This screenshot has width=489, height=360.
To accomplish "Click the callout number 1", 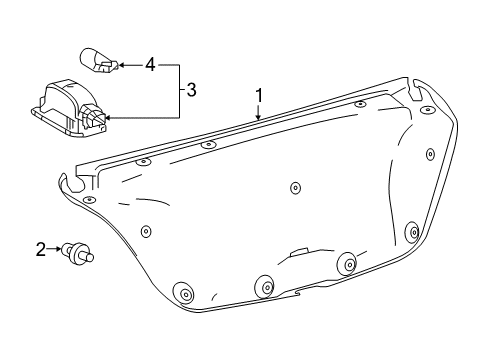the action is pyautogui.click(x=259, y=96).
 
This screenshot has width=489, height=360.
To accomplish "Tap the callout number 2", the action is pyautogui.click(x=41, y=249).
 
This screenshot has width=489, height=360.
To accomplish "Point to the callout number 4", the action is pyautogui.click(x=150, y=65).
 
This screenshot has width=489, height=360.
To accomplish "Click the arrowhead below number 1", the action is pyautogui.click(x=259, y=117).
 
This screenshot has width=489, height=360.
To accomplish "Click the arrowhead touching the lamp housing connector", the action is pyautogui.click(x=109, y=118).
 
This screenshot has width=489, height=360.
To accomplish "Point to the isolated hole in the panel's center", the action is pyautogui.click(x=294, y=188).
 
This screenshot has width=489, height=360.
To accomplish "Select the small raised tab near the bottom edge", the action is pyautogui.click(x=298, y=253).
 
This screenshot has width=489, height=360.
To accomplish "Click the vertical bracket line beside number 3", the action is pyautogui.click(x=181, y=91).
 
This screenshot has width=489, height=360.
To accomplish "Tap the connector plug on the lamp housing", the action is pyautogui.click(x=95, y=119).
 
